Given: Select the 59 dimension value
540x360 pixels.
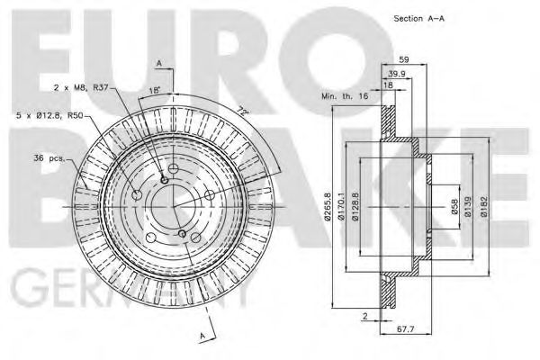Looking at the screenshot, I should [x=405, y=59].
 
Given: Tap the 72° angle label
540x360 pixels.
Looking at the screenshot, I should [x=242, y=111].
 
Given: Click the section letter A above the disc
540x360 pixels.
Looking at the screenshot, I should [x=158, y=63].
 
